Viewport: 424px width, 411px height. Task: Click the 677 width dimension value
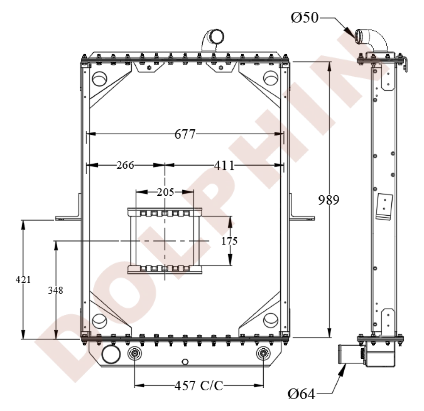(185, 134)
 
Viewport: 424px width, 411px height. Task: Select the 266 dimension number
(126, 165)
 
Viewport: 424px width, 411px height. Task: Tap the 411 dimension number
(224, 165)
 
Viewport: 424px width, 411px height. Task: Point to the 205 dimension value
(165, 192)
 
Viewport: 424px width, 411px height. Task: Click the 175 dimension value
(229, 241)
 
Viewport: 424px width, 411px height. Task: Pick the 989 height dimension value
(329, 200)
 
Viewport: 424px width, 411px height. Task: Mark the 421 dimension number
(23, 280)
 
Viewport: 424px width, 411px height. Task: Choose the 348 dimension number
(56, 290)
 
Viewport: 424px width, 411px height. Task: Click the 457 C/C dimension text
(199, 386)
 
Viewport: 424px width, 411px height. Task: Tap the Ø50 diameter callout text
(305, 18)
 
